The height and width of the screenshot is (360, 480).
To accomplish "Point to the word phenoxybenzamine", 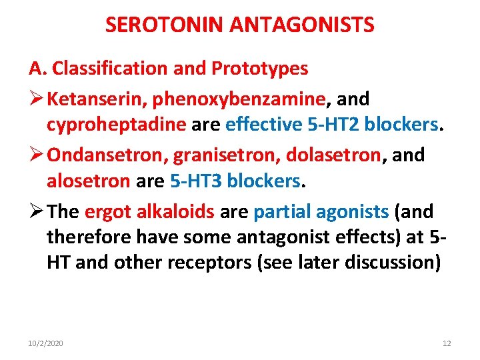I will (239, 99).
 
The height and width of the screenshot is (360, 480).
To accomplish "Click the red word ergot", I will (107, 212).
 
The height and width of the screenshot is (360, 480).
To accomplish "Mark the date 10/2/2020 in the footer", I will (46, 343).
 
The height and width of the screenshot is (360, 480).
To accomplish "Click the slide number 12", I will (447, 343).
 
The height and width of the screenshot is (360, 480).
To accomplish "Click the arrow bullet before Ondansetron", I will (36, 155).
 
